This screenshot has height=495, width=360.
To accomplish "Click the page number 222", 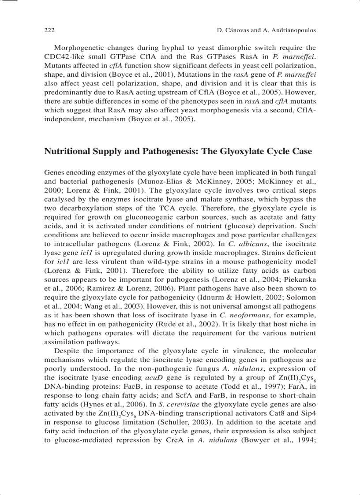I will (49, 30).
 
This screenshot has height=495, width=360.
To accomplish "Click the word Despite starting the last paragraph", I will (67, 351).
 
